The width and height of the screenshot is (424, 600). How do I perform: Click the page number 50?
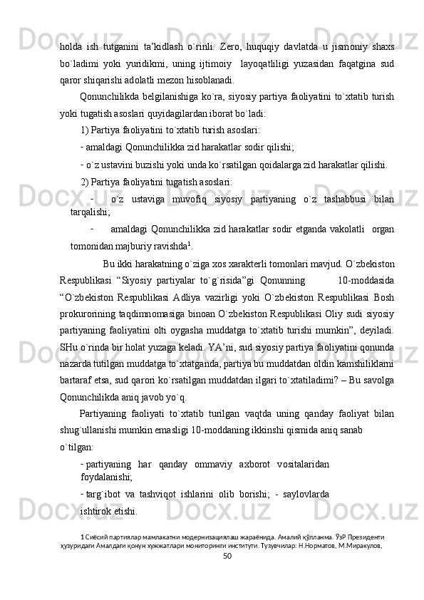(227, 575)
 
